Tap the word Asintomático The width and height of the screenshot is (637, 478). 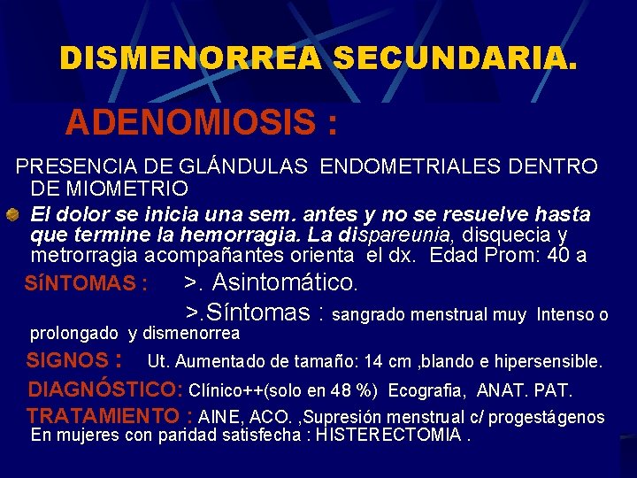[285, 283]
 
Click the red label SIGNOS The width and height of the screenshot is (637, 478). [66, 361]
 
